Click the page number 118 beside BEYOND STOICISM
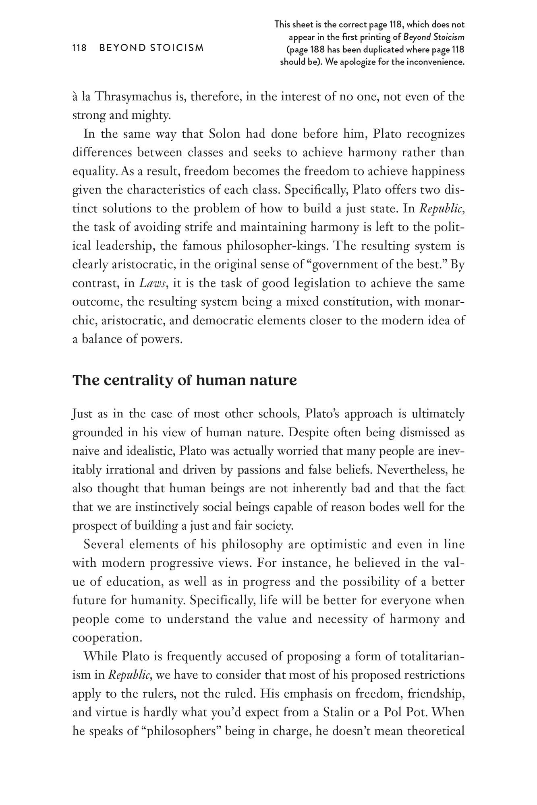point(79,48)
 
